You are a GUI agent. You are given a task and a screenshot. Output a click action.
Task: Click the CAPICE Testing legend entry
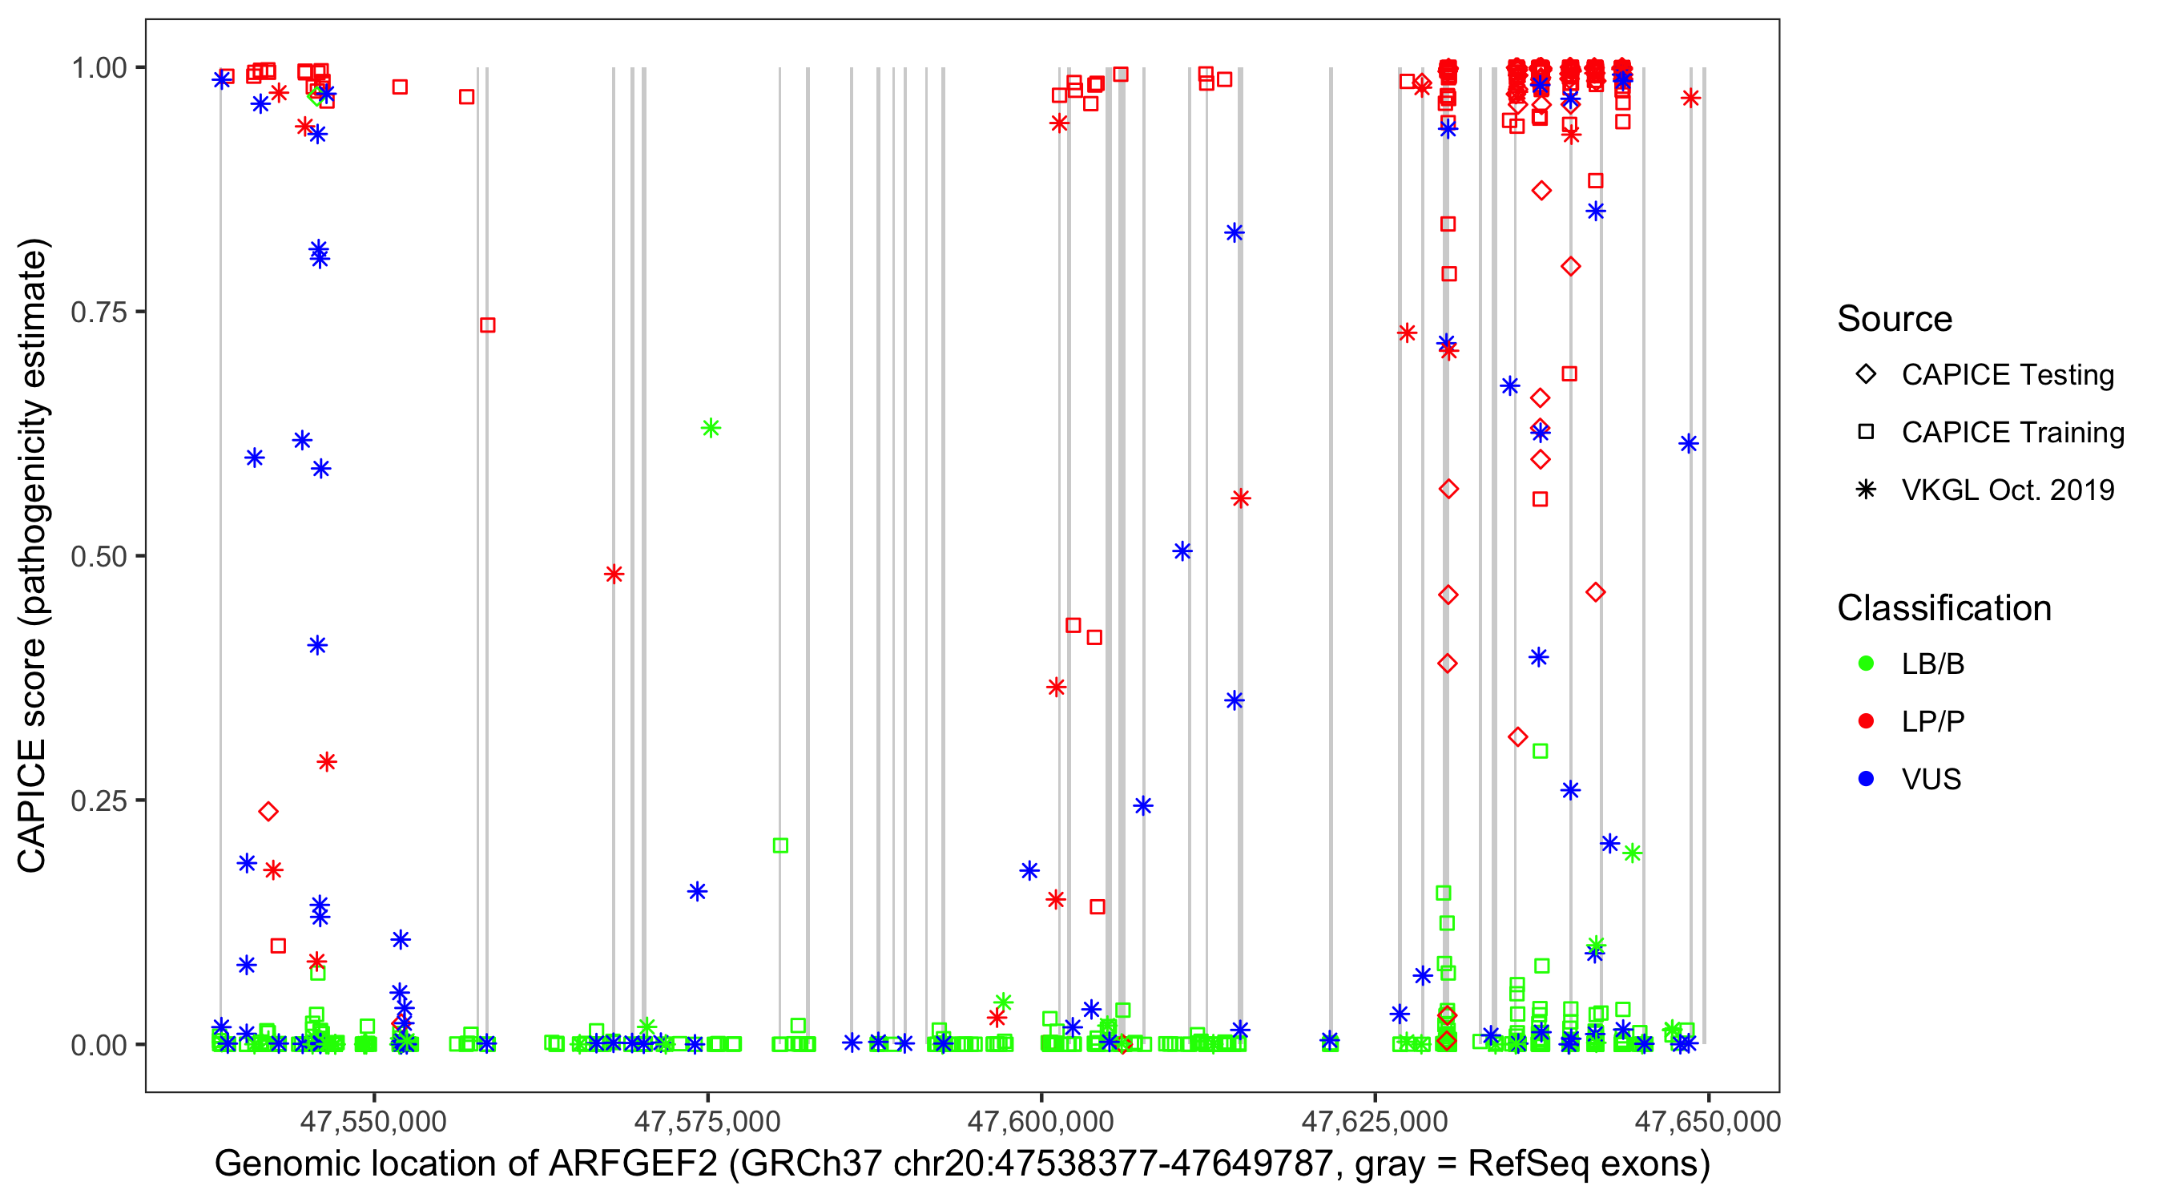point(2007,375)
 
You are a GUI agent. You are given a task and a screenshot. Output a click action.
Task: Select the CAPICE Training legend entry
point(2012,433)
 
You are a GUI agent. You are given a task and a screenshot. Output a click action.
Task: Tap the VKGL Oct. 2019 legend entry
point(2007,490)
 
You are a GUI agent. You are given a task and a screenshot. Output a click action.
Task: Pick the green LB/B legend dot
point(1866,664)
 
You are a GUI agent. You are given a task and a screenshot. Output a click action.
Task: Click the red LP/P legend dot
point(1866,721)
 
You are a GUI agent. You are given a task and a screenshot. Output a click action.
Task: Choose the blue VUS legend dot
point(1866,779)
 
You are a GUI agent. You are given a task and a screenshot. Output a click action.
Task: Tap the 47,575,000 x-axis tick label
point(707,1120)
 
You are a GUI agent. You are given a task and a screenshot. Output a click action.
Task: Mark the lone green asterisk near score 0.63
point(711,429)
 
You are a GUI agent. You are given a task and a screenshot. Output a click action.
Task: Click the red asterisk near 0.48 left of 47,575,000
point(614,575)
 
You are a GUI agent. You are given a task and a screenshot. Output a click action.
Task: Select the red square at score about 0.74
point(488,325)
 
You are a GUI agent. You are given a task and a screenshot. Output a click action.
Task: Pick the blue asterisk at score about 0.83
point(1234,232)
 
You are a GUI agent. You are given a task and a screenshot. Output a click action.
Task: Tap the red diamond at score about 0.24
point(268,812)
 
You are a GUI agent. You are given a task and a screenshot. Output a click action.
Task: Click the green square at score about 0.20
point(780,846)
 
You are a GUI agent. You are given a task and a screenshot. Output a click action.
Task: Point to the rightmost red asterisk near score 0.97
point(1690,99)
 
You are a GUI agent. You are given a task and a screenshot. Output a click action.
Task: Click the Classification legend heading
point(1943,608)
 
